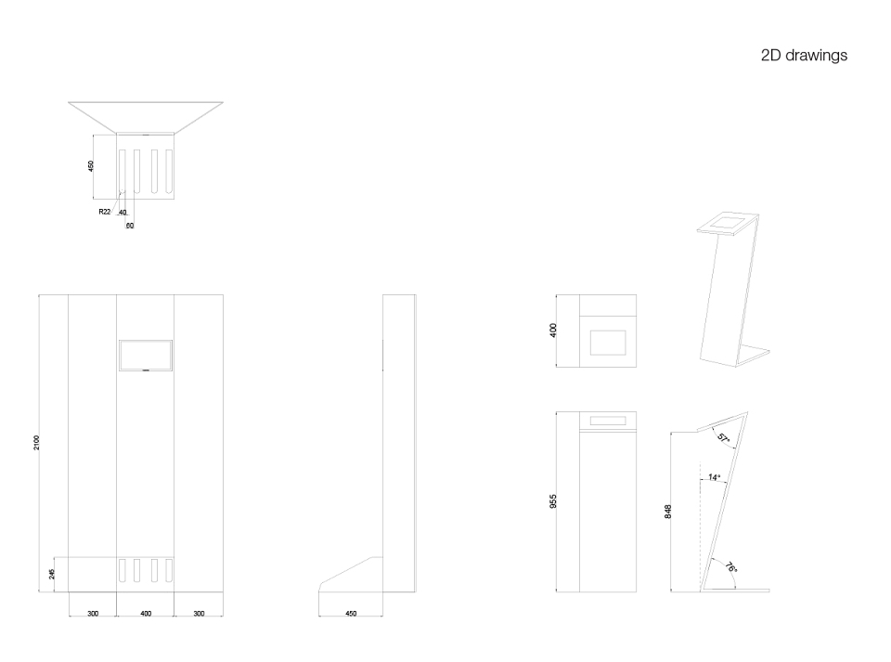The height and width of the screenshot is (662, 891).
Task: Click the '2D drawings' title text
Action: click(804, 56)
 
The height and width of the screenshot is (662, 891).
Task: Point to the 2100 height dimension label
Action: click(36, 443)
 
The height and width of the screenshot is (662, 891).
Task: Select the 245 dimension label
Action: click(52, 574)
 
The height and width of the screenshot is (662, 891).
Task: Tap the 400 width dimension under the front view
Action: click(146, 614)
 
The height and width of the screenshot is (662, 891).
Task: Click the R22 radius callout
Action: click(105, 212)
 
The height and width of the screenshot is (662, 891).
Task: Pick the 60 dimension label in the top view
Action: click(130, 226)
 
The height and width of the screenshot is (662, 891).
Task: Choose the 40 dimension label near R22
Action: click(123, 214)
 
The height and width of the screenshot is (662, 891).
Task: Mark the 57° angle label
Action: click(723, 438)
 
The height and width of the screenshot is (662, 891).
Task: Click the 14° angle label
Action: click(715, 477)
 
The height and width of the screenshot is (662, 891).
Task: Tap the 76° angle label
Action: click(731, 567)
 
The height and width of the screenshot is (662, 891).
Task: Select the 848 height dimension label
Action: click(668, 512)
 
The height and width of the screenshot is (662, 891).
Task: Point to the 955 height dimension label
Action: click(553, 501)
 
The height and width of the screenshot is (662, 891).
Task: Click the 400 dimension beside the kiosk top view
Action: click(553, 331)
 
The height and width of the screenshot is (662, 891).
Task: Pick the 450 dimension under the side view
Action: click(351, 614)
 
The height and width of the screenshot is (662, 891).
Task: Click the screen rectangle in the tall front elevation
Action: click(146, 356)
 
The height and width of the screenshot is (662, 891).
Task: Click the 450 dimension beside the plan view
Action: click(90, 166)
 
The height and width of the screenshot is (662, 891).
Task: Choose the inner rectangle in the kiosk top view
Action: click(608, 342)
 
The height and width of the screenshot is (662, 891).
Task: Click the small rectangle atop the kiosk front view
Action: click(608, 422)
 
